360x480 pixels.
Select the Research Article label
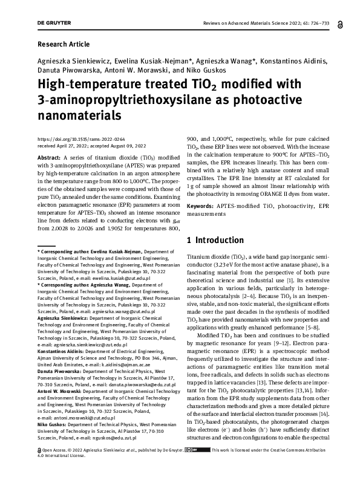[x=64, y=44]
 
